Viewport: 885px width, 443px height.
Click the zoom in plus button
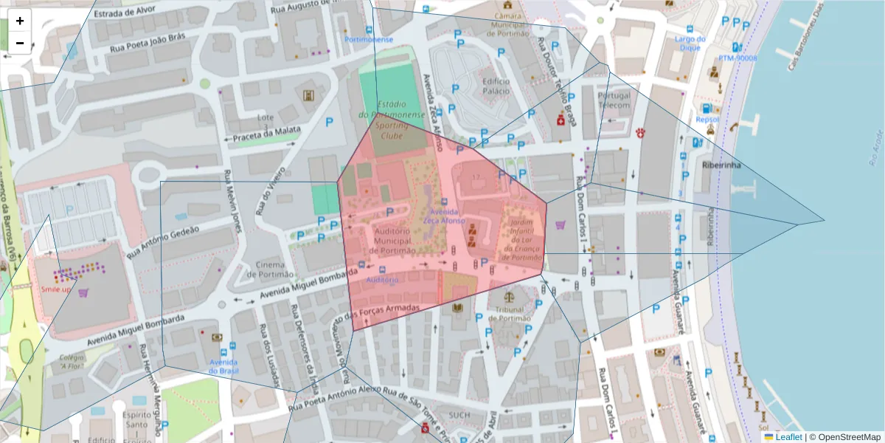click(20, 21)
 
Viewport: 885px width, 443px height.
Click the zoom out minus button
click(20, 43)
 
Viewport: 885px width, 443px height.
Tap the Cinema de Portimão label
click(270, 269)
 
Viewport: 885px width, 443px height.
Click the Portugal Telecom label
click(614, 100)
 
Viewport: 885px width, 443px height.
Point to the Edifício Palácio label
click(496, 86)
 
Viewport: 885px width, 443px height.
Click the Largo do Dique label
click(690, 43)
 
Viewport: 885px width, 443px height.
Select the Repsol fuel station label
click(707, 119)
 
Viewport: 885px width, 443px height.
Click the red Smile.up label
click(56, 289)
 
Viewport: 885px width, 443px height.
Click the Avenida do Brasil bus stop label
click(223, 366)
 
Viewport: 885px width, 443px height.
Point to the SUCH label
click(459, 415)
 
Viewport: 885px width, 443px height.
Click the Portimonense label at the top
click(369, 39)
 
